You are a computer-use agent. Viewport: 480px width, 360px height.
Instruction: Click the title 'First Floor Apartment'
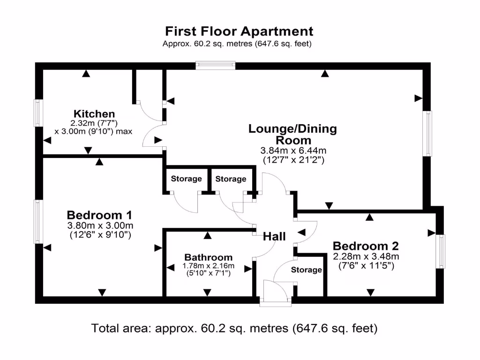pyautogui.click(x=239, y=31)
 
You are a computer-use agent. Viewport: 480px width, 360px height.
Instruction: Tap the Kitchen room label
pyautogui.click(x=94, y=114)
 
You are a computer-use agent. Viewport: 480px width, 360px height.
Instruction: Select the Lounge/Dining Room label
pyautogui.click(x=292, y=135)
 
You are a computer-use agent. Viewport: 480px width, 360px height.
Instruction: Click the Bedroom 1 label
pyautogui.click(x=99, y=215)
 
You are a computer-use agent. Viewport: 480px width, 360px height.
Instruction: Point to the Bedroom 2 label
pyautogui.click(x=366, y=246)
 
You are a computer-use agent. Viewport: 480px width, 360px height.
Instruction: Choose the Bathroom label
pyautogui.click(x=208, y=257)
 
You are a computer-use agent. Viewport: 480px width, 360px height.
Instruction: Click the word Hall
pyautogui.click(x=274, y=237)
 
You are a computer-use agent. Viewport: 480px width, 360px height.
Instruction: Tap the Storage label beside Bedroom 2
pyautogui.click(x=307, y=270)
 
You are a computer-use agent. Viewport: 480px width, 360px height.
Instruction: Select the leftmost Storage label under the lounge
pyautogui.click(x=186, y=179)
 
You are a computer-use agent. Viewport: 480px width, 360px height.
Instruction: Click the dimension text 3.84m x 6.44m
pyautogui.click(x=293, y=151)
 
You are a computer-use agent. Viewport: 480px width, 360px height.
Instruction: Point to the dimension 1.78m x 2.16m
pyautogui.click(x=208, y=266)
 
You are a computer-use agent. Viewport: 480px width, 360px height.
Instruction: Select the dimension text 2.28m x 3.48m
pyautogui.click(x=366, y=256)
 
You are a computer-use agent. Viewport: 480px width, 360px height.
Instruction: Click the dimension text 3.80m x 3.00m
pyautogui.click(x=99, y=225)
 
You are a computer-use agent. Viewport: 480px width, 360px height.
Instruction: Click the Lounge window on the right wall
pyautogui.click(x=427, y=133)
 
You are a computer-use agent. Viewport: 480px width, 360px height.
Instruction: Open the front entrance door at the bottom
pyautogui.click(x=276, y=293)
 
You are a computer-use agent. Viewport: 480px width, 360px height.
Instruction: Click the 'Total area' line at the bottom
pyautogui.click(x=234, y=328)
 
